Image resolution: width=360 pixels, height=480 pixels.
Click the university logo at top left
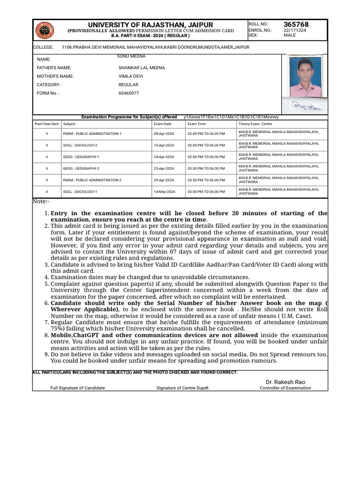pos(45,30)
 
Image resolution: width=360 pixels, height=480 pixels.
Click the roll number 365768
pos(296,24)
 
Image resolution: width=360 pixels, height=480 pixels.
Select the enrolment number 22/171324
pos(295,30)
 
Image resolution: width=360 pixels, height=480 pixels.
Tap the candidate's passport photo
pos(306,77)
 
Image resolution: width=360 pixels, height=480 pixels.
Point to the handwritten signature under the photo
pos(303,105)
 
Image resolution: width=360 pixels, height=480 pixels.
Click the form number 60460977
pos(129,93)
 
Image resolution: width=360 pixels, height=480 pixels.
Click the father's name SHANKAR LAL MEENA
pos(142,67)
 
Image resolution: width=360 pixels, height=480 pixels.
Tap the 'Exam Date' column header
pos(163,124)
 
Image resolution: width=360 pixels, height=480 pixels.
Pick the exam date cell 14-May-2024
pos(164,192)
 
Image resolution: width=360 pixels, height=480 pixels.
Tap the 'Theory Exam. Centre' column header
pos(255,124)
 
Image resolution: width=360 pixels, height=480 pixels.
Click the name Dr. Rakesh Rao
pos(285,382)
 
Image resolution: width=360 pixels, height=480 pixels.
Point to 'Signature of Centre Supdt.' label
pos(183,388)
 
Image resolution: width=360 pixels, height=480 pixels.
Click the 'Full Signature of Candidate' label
pos(78,388)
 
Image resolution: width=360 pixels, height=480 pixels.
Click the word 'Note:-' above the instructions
pos(41,201)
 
